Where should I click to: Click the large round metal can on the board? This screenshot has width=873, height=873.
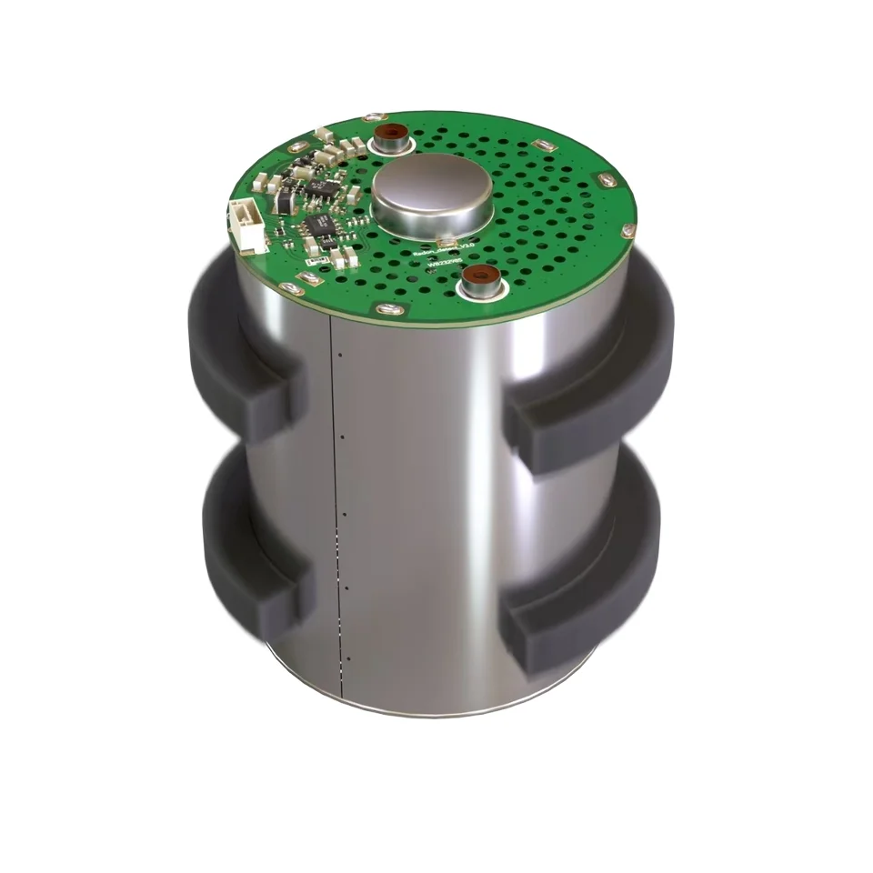point(432,196)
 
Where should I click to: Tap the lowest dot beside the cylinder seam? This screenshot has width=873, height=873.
point(347,658)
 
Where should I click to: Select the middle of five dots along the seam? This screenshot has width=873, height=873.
point(345,515)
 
